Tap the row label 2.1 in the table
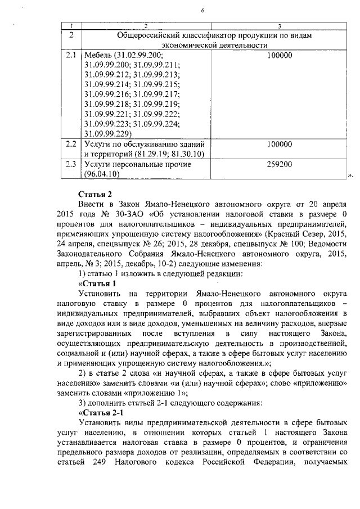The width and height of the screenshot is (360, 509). click(x=70, y=55)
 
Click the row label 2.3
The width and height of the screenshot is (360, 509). click(x=70, y=164)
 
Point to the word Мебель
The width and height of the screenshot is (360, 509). click(x=97, y=55)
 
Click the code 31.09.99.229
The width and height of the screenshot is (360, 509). click(x=106, y=134)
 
